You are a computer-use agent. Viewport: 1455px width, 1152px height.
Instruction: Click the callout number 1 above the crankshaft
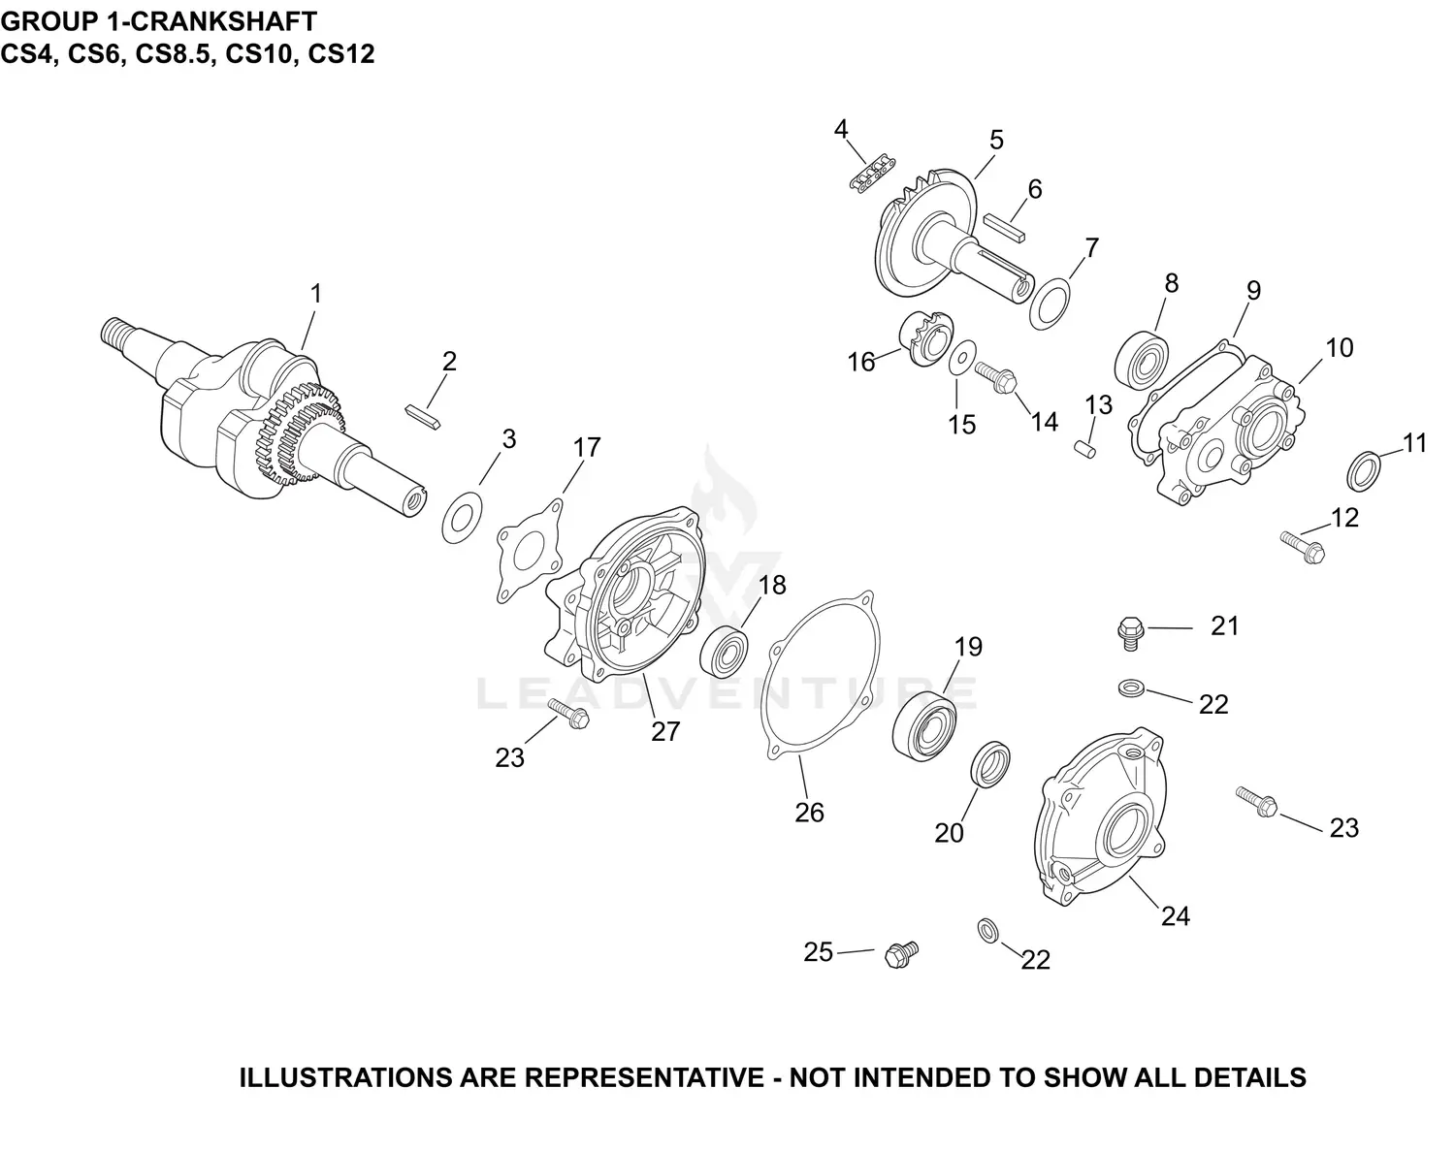coord(314,293)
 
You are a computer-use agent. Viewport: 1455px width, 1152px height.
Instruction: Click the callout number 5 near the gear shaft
coord(996,140)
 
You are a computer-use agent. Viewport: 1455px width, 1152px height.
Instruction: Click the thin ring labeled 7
coord(1050,302)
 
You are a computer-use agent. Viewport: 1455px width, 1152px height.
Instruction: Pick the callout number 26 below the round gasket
coord(809,812)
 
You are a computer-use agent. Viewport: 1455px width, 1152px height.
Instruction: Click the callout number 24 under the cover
coord(1175,915)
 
